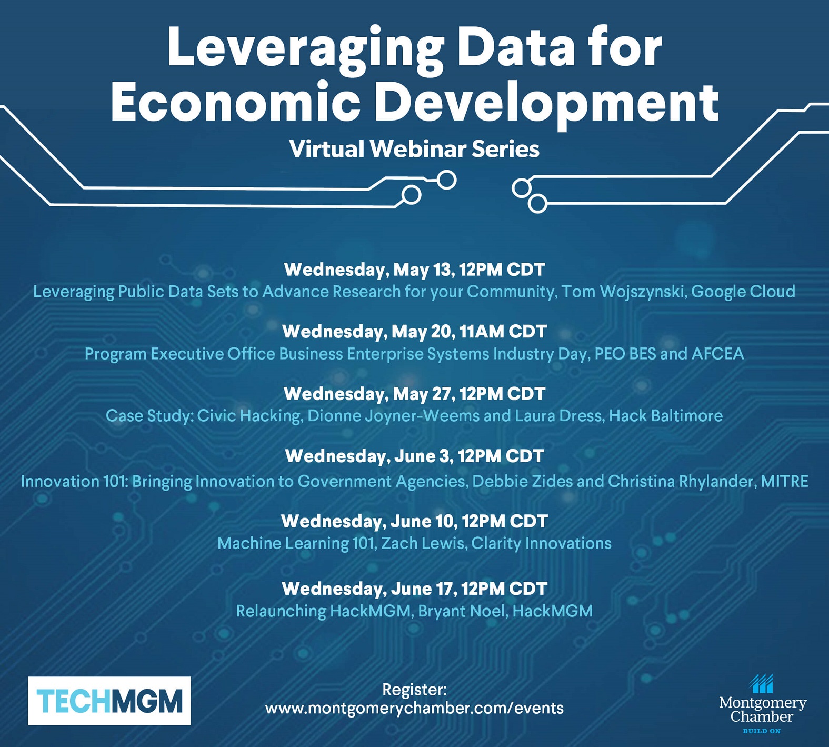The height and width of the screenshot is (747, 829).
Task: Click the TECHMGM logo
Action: [x=109, y=701]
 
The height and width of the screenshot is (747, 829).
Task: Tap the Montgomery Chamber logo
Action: [x=762, y=704]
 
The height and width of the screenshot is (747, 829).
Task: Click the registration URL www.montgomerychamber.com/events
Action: [x=414, y=708]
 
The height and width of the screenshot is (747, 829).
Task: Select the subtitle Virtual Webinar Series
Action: [x=414, y=149]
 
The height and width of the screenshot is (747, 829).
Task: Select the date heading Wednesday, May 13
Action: [x=414, y=270]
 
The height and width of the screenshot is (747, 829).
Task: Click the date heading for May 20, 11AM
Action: [x=414, y=332]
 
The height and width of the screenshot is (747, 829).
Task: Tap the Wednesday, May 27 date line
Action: [x=414, y=394]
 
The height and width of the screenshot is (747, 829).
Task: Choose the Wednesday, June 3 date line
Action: [x=414, y=456]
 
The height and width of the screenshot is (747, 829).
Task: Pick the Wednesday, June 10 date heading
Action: [x=414, y=521]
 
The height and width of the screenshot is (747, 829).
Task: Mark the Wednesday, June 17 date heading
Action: [x=414, y=589]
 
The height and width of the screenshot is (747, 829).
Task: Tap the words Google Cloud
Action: [x=743, y=292]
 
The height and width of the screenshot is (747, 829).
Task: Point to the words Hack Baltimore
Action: [x=666, y=416]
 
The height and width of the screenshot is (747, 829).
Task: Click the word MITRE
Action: [x=784, y=481]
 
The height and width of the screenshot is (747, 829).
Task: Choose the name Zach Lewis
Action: [x=423, y=543]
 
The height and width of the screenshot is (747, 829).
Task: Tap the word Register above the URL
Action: [x=414, y=690]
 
